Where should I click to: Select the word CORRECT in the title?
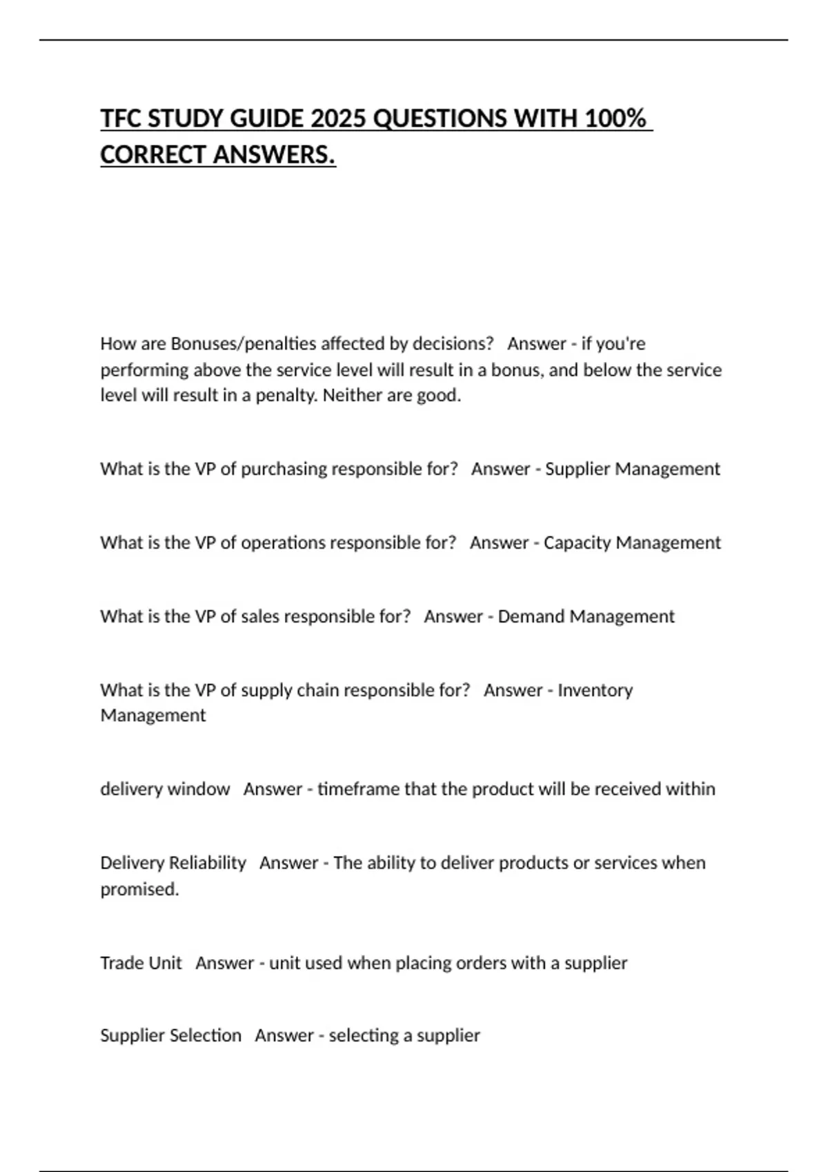coord(153,154)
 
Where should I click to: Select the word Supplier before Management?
coord(578,469)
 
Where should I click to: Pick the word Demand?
coord(530,616)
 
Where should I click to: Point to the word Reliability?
coord(207,863)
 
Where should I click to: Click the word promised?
coord(139,889)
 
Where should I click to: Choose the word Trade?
coord(121,963)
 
